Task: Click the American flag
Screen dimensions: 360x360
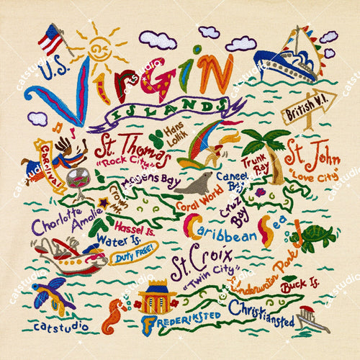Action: (50, 38)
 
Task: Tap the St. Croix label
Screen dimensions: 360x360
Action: (190, 265)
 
